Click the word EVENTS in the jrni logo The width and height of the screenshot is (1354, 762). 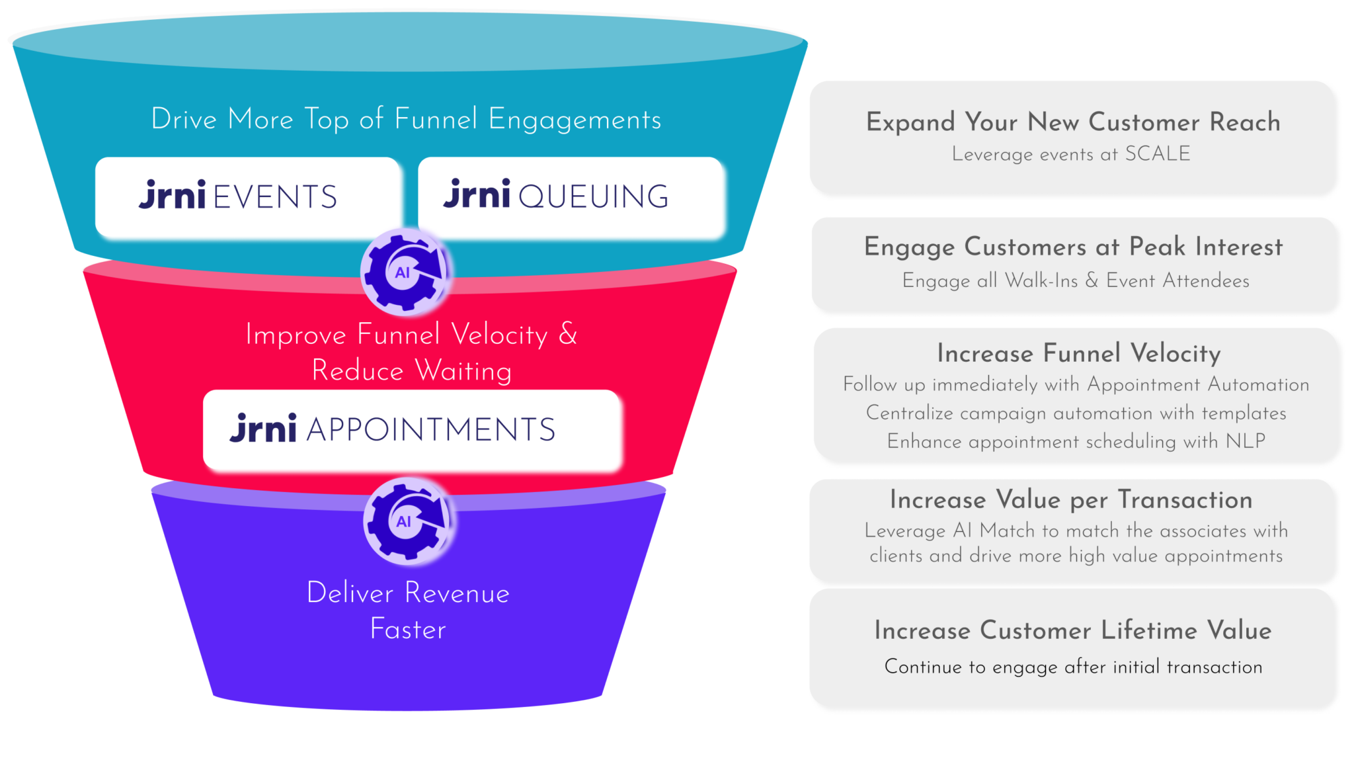click(275, 197)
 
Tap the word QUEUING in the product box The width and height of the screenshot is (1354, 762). click(593, 197)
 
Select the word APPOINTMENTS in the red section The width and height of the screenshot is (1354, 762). click(430, 430)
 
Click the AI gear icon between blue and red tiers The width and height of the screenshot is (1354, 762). click(405, 272)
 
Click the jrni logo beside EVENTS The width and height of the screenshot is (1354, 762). click(173, 195)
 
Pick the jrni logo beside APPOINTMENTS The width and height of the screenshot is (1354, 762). click(263, 429)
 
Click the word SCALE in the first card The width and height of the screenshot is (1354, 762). click(1157, 154)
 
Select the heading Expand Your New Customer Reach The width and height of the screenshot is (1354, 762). click(1073, 122)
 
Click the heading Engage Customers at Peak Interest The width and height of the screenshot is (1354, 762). click(1073, 247)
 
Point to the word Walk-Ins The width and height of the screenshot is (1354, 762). click(1041, 280)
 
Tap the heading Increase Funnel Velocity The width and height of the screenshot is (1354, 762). click(1078, 353)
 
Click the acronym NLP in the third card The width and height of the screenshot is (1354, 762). click(1246, 441)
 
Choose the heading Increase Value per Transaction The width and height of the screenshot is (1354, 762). click(1071, 499)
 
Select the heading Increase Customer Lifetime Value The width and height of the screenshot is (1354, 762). click(1072, 630)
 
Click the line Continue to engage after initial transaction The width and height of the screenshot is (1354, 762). click(1073, 667)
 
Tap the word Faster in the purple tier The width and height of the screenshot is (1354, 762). click(408, 629)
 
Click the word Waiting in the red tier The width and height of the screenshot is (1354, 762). click(463, 370)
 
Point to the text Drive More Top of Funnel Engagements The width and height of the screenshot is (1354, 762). click(406, 120)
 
